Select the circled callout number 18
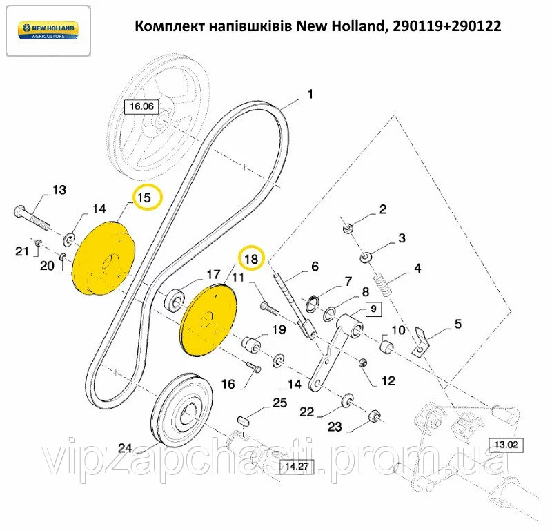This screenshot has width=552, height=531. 250,259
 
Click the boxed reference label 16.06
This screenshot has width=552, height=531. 141,106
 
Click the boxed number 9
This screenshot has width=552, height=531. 372,309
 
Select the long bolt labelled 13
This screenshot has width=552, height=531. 32,215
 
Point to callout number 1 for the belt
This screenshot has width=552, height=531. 310,95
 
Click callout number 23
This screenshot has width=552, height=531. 335,427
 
